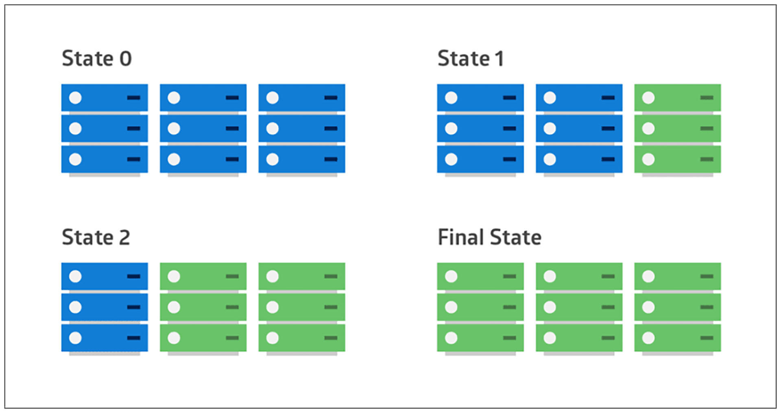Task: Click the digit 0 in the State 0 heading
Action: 126,59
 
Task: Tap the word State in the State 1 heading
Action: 463,59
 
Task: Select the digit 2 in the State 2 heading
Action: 124,237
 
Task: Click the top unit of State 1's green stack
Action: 677,98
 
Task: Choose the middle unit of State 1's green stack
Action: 677,128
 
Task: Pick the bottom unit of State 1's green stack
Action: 677,159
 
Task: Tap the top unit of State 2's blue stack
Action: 105,277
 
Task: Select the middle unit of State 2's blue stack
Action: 105,307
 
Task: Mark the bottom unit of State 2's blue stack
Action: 105,338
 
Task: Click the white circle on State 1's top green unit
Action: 648,98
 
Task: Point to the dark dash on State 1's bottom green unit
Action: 707,159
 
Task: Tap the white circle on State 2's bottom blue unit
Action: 75,338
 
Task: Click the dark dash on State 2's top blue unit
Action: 133,277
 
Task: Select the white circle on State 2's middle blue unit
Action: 75,307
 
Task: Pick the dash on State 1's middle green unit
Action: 707,128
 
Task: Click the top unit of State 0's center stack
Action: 203,98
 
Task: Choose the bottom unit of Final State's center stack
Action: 579,338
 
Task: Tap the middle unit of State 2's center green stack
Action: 203,307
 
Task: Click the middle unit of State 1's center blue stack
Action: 579,128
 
